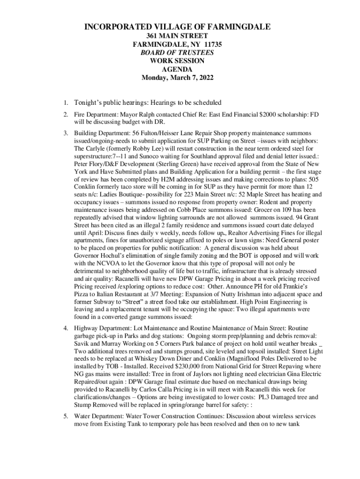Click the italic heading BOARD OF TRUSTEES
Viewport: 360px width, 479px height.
(177, 53)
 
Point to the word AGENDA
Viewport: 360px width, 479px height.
(177, 70)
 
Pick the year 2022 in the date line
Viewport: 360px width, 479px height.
(204, 78)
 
